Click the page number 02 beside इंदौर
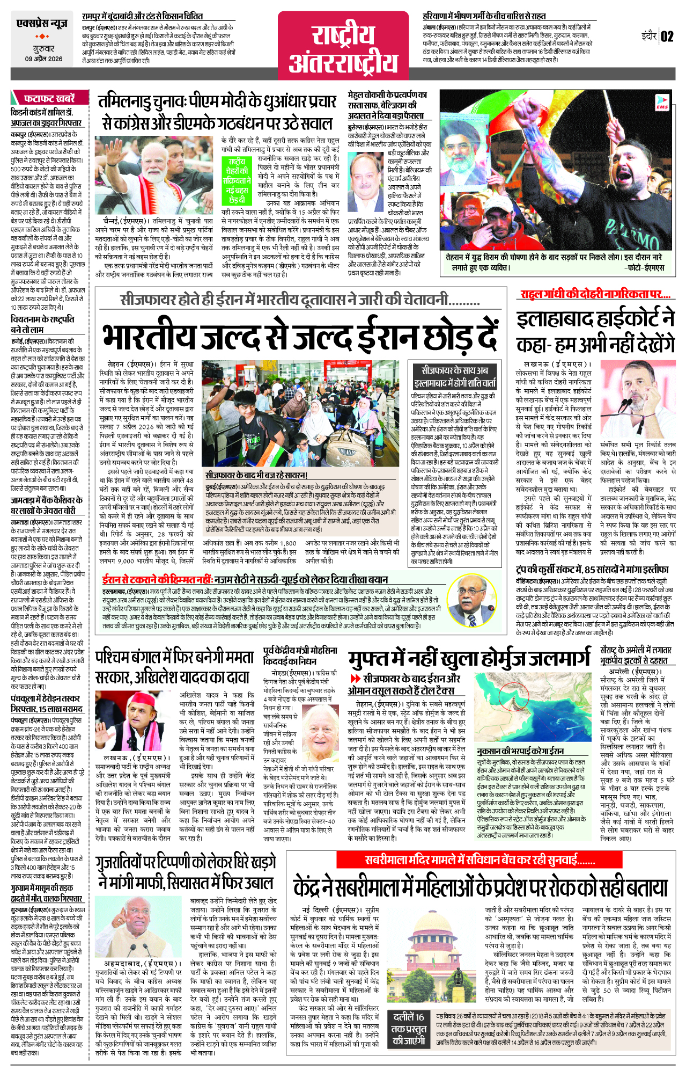[667, 37]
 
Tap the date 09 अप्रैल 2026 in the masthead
[43, 59]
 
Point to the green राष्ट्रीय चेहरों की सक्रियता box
[237, 180]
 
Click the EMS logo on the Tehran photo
[662, 103]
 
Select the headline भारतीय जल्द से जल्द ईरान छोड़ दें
[300, 336]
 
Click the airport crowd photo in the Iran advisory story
[304, 414]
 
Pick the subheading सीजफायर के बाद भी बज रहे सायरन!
[256, 475]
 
